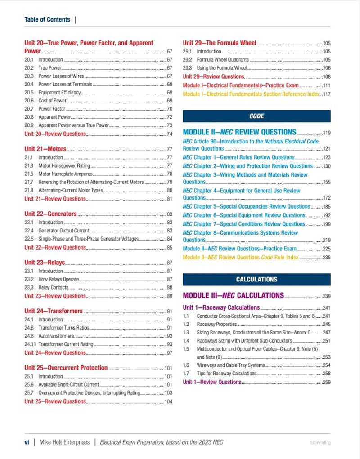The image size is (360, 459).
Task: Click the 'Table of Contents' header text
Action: [x=47, y=19]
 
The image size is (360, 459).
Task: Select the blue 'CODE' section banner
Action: [x=256, y=116]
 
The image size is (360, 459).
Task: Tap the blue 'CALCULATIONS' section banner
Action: [x=256, y=279]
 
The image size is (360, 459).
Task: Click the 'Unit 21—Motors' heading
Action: [x=45, y=149]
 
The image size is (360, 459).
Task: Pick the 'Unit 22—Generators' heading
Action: [x=50, y=214]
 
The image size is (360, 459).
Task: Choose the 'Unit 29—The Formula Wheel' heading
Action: [x=220, y=43]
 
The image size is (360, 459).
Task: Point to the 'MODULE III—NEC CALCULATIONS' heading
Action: [x=233, y=295]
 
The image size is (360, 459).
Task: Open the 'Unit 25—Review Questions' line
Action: [x=55, y=401]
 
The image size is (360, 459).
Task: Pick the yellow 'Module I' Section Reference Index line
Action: [x=251, y=94]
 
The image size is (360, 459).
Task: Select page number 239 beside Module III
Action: [x=326, y=296]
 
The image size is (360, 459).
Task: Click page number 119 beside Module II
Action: [x=326, y=133]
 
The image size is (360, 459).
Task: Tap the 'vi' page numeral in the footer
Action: [x=27, y=442]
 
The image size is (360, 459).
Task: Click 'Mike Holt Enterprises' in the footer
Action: [x=64, y=442]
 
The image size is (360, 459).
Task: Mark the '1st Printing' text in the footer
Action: [x=320, y=443]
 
